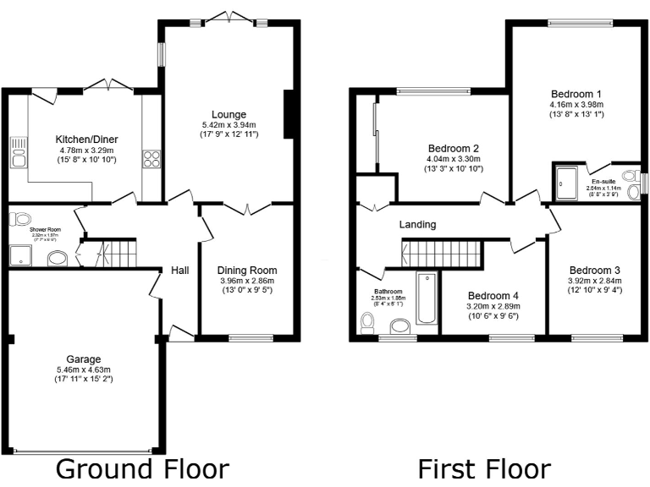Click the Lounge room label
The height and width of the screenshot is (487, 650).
[x=229, y=114]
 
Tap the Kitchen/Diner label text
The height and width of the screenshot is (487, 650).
[x=86, y=139]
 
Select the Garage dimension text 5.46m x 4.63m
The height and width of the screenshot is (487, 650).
[x=84, y=369]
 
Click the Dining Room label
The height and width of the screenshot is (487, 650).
[x=247, y=271]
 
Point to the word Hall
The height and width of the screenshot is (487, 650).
[x=180, y=271]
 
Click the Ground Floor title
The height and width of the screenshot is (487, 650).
[x=142, y=469]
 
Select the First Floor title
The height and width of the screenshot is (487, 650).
[x=484, y=469]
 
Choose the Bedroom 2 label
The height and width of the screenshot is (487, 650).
[x=454, y=146]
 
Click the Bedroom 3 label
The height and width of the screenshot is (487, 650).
[x=595, y=270]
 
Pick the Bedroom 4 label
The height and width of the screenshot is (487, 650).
[x=493, y=295]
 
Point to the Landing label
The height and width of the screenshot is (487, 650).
[x=418, y=225]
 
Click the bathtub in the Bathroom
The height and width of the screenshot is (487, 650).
[x=426, y=298]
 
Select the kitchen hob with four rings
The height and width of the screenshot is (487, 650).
[x=152, y=159]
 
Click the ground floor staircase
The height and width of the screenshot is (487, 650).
[x=117, y=252]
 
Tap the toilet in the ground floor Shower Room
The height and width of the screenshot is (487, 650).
[x=19, y=220]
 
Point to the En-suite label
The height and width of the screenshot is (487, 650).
[x=603, y=181]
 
